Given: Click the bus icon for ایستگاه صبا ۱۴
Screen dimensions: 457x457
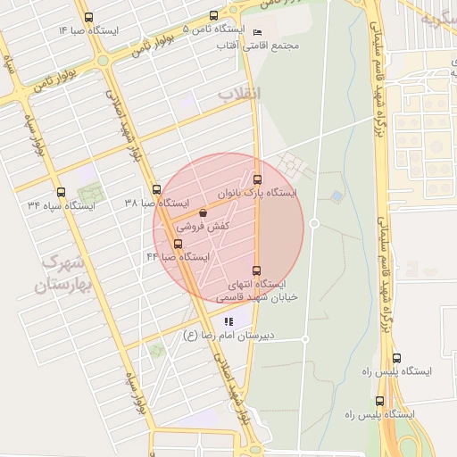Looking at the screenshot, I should point(87,17).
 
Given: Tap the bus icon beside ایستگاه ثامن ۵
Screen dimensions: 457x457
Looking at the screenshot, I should point(212,15).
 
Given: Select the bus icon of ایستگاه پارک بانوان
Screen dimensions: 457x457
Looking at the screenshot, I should point(257,179).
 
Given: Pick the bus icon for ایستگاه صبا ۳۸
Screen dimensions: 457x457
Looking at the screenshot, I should point(156,189).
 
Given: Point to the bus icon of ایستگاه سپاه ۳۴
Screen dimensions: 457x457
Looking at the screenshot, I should point(61,192).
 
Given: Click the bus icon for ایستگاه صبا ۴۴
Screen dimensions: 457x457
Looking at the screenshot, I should point(178,244).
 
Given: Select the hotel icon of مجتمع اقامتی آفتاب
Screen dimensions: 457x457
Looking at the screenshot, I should point(258,33).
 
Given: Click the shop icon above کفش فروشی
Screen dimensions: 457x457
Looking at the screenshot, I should point(204,213).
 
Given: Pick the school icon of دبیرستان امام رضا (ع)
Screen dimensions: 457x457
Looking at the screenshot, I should point(228,321).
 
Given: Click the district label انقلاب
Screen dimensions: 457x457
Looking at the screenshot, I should point(239,93).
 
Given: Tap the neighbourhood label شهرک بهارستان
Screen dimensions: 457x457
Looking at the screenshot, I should point(59,274).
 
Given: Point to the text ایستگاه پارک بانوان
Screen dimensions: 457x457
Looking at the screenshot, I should point(257,192).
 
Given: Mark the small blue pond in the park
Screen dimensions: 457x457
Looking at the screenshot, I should point(337,195).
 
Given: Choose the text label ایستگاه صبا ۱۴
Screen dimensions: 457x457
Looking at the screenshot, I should point(89,30).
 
